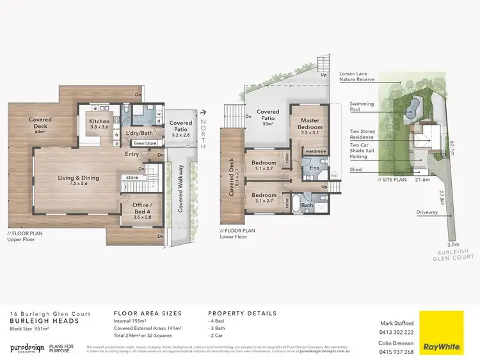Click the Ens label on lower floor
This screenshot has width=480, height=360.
tap(314, 168)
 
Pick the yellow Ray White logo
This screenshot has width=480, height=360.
tap(442, 332)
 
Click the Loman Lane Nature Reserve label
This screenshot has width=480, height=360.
tap(370, 85)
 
